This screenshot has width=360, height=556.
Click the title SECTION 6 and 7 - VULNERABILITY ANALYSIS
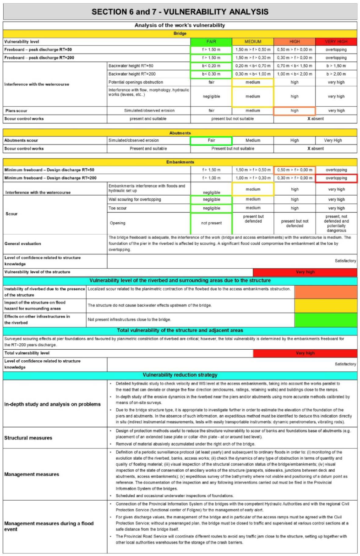[x=180, y=11]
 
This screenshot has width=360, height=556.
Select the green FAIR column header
[x=211, y=41]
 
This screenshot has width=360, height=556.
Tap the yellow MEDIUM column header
[x=253, y=41]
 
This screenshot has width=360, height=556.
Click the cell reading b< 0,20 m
[x=211, y=66]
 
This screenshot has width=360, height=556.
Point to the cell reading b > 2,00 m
[x=336, y=74]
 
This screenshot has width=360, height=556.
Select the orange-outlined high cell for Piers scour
[x=295, y=110]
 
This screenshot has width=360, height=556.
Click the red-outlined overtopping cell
[x=336, y=178]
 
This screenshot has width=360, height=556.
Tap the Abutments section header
[x=180, y=133]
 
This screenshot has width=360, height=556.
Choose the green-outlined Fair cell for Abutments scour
[x=211, y=141]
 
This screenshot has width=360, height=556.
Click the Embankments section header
[x=180, y=162]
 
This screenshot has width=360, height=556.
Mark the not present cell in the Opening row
[x=211, y=223]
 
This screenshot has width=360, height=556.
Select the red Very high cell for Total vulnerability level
[x=305, y=353]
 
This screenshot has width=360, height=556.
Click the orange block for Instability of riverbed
[x=325, y=292]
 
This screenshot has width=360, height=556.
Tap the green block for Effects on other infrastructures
[x=325, y=319]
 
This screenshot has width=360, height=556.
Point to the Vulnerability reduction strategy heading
[x=180, y=375]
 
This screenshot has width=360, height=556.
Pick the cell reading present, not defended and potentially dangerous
[x=336, y=223]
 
